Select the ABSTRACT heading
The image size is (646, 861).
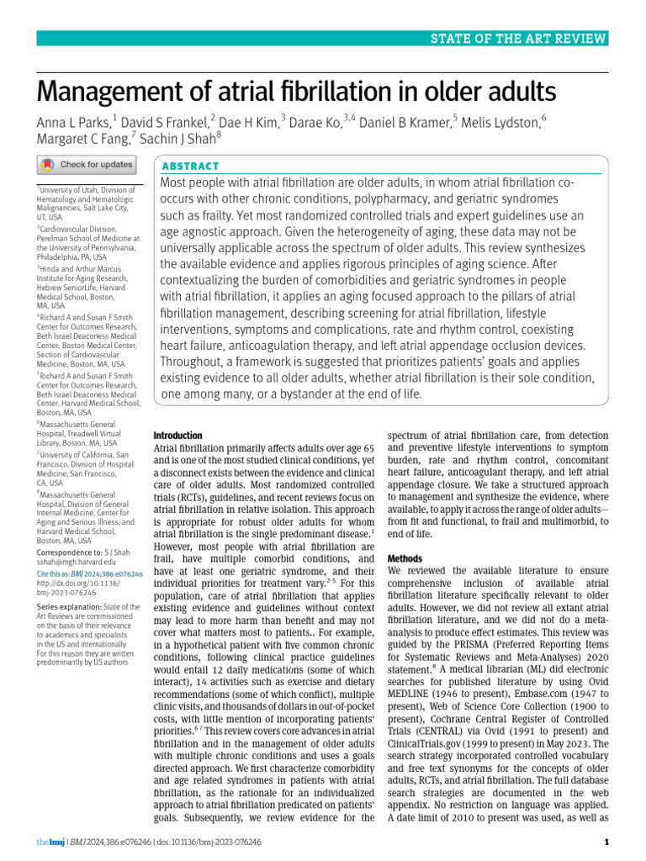click(x=191, y=166)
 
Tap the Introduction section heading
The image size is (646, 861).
click(x=177, y=436)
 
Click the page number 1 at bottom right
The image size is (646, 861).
click(x=606, y=842)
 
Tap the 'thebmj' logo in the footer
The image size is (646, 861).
click(x=50, y=842)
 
